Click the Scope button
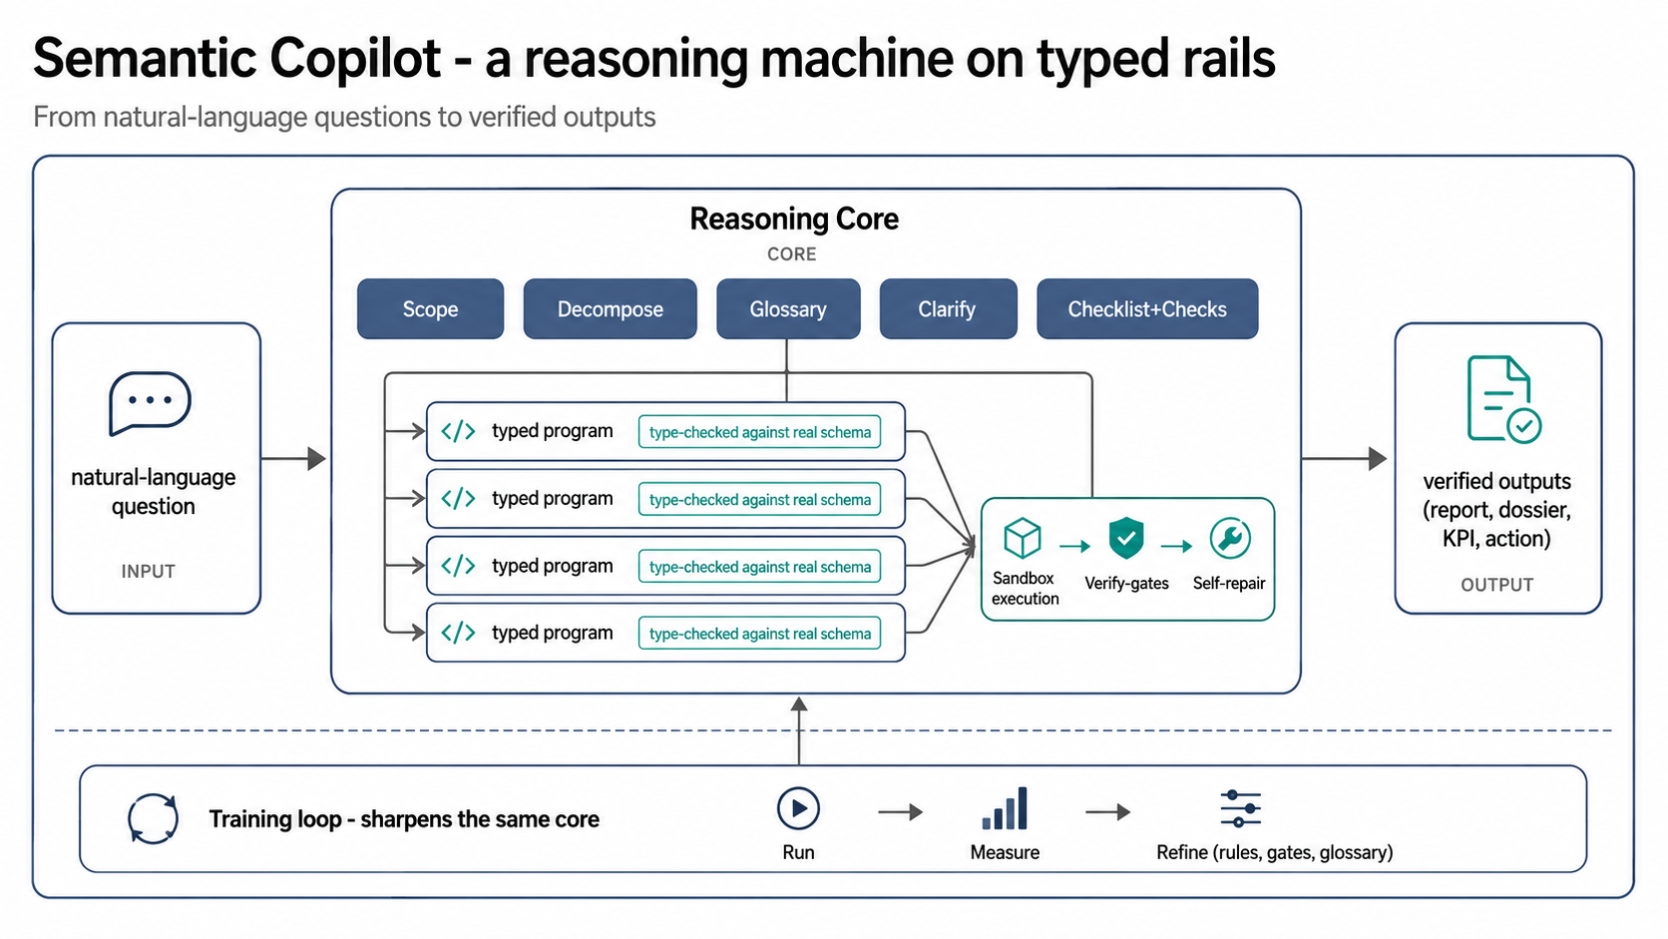coord(430,309)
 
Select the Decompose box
coord(610,309)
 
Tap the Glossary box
coord(788,309)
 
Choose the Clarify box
coord(948,309)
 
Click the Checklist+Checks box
coord(1147,309)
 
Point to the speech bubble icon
coord(150,403)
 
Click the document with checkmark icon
coord(1503,399)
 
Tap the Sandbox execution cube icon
coord(1023,538)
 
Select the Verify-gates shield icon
coord(1126,538)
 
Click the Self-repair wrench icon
coord(1229,538)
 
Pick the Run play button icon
coord(798,808)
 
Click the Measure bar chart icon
coord(1005,808)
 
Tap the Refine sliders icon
coord(1241,808)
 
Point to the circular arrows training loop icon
coord(153,818)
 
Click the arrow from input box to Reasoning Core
coord(293,458)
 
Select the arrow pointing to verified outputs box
coord(1344,458)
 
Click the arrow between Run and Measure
coord(900,811)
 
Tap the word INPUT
coord(149,571)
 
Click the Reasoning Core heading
coord(794,219)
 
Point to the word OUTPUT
coord(1496,585)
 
